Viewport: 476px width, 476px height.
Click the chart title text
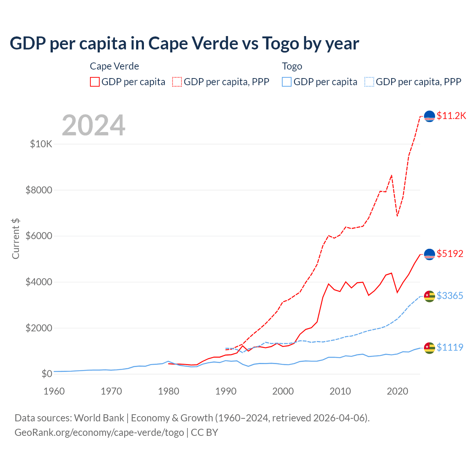[x=184, y=44]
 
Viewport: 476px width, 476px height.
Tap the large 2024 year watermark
[x=93, y=125]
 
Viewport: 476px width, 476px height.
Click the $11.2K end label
[x=451, y=116]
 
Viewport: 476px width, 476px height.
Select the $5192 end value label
[x=450, y=254]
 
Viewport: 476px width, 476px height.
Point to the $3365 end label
[x=450, y=296]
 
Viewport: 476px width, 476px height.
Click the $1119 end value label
[x=450, y=347]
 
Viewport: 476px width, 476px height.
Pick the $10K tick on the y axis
[x=41, y=144]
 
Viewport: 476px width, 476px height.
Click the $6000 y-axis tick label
[x=39, y=236]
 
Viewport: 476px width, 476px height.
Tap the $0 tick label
[x=46, y=374]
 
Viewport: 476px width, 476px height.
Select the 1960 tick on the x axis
[x=54, y=391]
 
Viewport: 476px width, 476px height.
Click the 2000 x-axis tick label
[x=283, y=391]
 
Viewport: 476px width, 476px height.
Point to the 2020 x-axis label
[x=398, y=391]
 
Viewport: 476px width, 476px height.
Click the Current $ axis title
[x=16, y=239]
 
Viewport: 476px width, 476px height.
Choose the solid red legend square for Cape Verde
[x=95, y=82]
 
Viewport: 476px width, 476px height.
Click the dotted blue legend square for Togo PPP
[x=369, y=82]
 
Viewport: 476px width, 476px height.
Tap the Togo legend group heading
[x=292, y=66]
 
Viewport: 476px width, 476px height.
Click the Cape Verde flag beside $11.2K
[x=430, y=116]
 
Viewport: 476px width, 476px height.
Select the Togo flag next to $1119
[x=430, y=348]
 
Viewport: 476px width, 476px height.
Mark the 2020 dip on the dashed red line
[x=397, y=216]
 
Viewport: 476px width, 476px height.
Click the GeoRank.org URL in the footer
[x=99, y=432]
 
